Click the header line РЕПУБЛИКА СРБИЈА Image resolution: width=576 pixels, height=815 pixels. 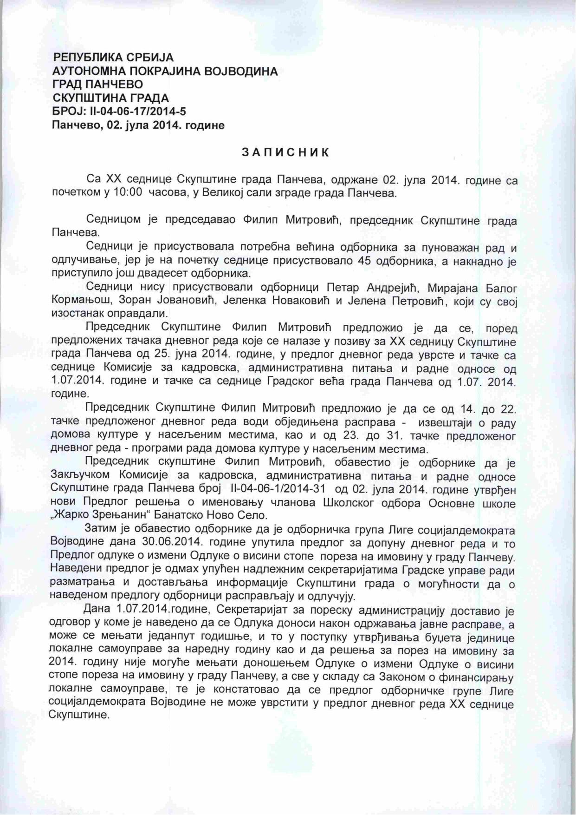pyautogui.click(x=114, y=58)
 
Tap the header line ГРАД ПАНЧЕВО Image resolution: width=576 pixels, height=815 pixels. pyautogui.click(x=98, y=85)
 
